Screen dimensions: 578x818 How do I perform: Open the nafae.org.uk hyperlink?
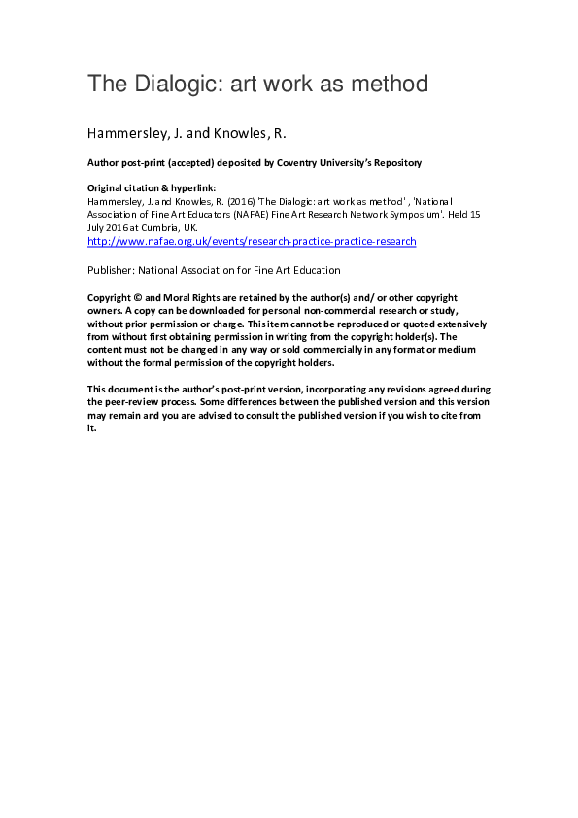[252, 240]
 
